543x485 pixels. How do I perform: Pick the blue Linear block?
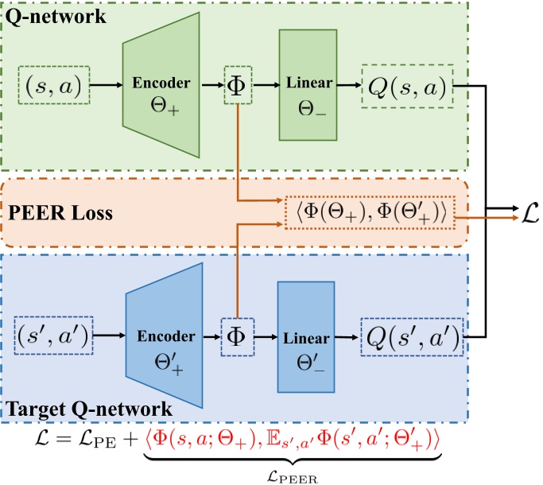[306, 338]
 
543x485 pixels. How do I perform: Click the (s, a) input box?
[53, 83]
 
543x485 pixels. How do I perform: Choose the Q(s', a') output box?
[409, 338]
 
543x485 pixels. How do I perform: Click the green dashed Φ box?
[238, 83]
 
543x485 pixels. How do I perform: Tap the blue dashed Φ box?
[236, 338]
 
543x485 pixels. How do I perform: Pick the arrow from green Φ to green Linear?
[266, 83]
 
